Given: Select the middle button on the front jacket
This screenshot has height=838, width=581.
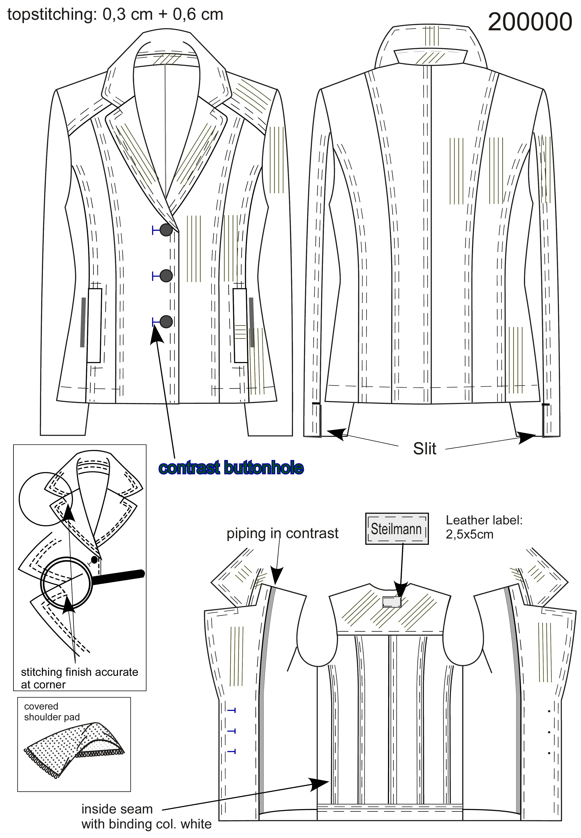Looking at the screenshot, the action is pyautogui.click(x=166, y=276).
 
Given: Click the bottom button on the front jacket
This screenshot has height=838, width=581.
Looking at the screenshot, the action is pyautogui.click(x=166, y=321).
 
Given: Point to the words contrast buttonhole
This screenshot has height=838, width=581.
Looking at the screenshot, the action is pyautogui.click(x=231, y=467).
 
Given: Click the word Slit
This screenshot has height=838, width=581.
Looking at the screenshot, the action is pyautogui.click(x=425, y=449).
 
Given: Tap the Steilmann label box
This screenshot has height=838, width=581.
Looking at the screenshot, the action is pyautogui.click(x=397, y=529).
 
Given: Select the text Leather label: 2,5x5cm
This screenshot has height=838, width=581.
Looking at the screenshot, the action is pyautogui.click(x=484, y=527).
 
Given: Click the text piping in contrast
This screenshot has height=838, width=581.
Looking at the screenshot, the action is pyautogui.click(x=282, y=534).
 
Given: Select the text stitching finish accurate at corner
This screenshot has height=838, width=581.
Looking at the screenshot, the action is pyautogui.click(x=79, y=678).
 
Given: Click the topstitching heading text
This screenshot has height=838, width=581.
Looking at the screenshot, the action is pyautogui.click(x=115, y=15).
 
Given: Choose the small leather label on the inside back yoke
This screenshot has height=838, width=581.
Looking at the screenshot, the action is pyautogui.click(x=392, y=602).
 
